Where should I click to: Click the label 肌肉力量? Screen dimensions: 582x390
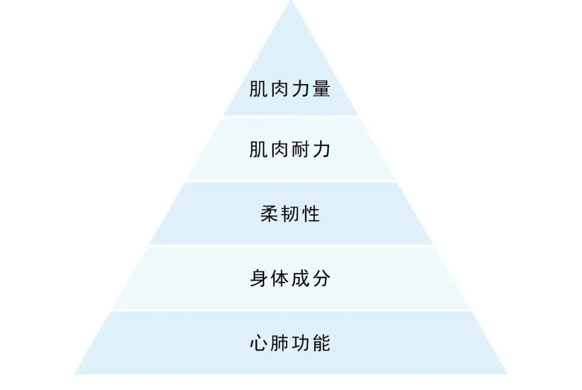pos(290,88)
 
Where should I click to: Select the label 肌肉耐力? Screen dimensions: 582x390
pos(290,149)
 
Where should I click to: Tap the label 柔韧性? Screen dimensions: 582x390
pos(290,214)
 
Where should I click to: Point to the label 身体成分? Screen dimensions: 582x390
pos(290,278)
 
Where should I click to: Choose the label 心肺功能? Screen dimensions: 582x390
pos(290,343)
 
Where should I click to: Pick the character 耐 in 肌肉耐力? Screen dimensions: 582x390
pos(301,149)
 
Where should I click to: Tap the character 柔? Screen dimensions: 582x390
pos(269,214)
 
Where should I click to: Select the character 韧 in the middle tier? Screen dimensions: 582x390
pos(290,214)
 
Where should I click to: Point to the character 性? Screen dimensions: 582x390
pos(311,214)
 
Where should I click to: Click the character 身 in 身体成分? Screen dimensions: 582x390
pos(259,278)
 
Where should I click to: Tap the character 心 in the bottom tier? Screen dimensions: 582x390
pos(259,343)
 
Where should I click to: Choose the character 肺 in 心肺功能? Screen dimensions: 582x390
pos(280,343)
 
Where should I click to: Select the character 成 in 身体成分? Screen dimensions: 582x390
pos(301,278)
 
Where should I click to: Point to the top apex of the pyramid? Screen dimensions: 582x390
pos(291,2)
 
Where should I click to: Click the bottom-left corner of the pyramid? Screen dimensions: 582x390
pos(75,373)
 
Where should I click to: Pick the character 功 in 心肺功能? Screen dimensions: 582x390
pos(301,343)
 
